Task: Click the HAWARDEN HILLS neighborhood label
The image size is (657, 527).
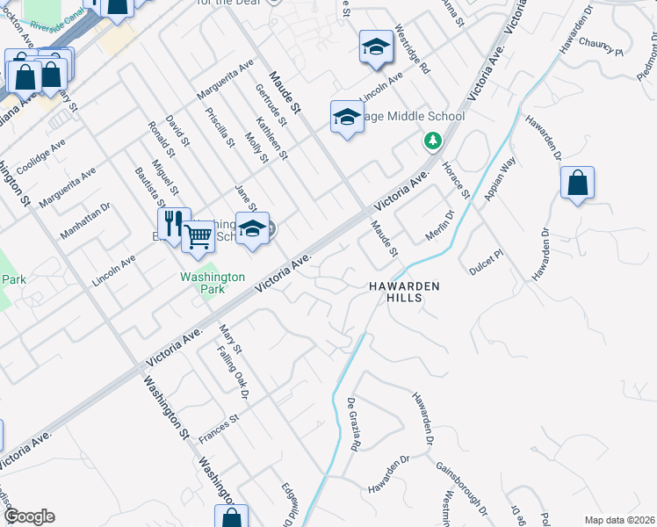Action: tap(402, 292)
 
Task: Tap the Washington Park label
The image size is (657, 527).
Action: tap(212, 282)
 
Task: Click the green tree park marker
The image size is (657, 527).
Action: tap(432, 141)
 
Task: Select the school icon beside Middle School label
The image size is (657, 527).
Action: tap(347, 116)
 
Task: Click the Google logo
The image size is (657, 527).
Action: tap(28, 516)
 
